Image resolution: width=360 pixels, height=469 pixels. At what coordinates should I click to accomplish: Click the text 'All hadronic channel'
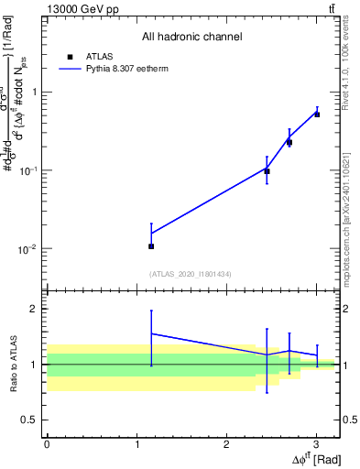pos(191,37)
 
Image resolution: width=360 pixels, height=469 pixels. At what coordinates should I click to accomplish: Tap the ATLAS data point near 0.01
pos(151,246)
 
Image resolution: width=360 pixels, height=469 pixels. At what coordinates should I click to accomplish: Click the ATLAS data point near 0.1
pos(267,171)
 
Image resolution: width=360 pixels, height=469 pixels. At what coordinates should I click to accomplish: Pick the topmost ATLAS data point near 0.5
pos(317,115)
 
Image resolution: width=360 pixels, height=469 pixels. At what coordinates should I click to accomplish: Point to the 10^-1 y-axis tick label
pos(29,171)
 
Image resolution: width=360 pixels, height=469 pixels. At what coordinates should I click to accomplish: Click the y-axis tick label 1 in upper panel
pos(35,93)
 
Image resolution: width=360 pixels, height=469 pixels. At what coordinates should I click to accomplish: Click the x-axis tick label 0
pos(47,443)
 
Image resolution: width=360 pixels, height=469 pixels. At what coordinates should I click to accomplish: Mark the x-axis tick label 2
pos(226,443)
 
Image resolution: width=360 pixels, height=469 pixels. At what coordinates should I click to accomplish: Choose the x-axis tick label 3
pos(316,443)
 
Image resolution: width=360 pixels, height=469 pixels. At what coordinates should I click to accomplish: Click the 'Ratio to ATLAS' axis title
pos(12,364)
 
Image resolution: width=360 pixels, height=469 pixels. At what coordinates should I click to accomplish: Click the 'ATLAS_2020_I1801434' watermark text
pos(191,274)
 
